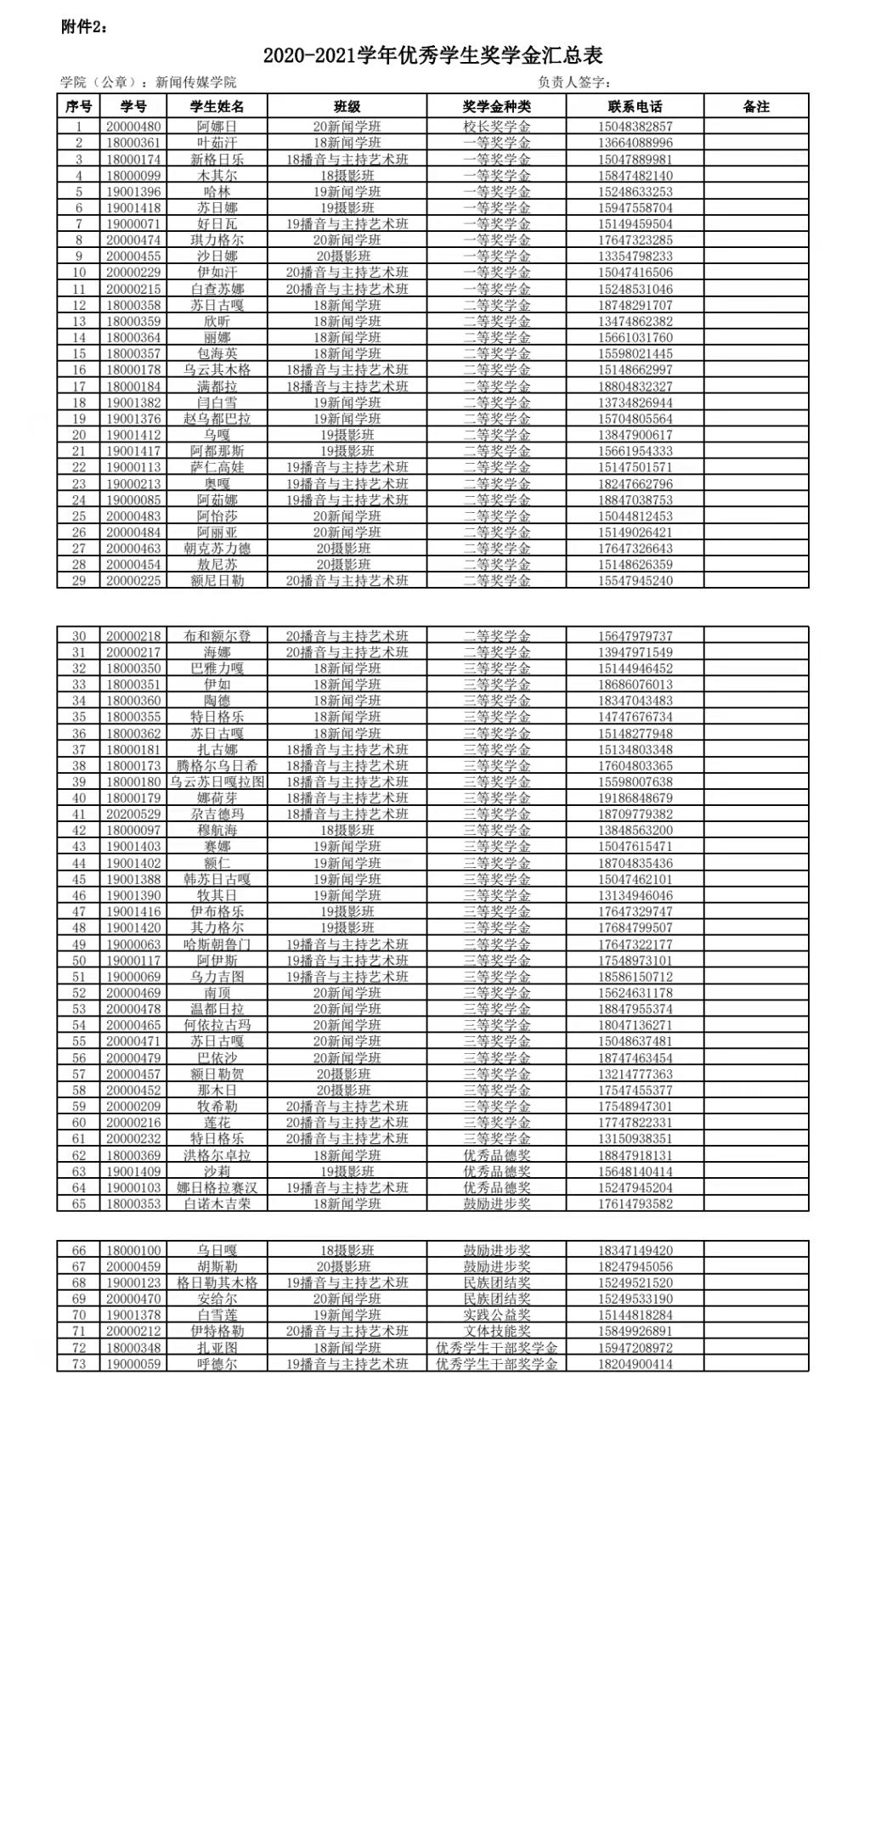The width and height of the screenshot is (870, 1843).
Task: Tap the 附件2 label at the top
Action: click(84, 27)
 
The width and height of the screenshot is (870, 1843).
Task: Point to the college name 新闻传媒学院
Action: click(195, 82)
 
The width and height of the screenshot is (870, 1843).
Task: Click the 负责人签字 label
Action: click(574, 82)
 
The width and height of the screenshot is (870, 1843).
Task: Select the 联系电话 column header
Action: click(635, 106)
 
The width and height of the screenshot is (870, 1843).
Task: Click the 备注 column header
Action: click(755, 106)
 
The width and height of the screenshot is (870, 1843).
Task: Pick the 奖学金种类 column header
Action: click(496, 106)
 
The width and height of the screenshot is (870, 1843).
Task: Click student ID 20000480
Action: click(133, 127)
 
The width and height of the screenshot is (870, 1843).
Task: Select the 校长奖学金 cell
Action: click(496, 127)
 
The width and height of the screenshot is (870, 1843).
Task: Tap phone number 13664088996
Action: click(635, 143)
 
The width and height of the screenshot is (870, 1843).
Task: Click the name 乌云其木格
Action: click(217, 369)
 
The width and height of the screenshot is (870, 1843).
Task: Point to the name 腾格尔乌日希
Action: click(217, 765)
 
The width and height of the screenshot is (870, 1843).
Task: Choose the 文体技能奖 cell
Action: click(496, 1331)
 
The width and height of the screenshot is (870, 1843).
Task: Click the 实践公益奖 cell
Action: click(496, 1315)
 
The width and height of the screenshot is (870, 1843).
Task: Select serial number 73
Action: click(79, 1364)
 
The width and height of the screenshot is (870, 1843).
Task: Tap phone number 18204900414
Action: click(635, 1364)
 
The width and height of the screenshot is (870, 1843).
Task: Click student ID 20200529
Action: click(133, 814)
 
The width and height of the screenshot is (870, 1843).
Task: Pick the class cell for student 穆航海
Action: click(347, 830)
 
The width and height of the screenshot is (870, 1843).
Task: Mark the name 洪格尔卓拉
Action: click(217, 1155)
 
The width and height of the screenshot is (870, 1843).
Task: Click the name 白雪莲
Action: click(217, 1315)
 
